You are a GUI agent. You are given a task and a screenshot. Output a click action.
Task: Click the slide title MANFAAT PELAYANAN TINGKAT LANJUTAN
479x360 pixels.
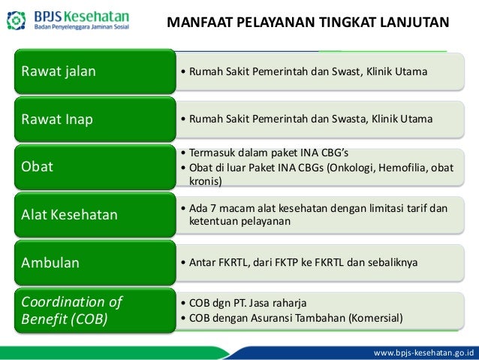308,21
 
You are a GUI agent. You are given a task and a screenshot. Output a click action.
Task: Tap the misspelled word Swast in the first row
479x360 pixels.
337,72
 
